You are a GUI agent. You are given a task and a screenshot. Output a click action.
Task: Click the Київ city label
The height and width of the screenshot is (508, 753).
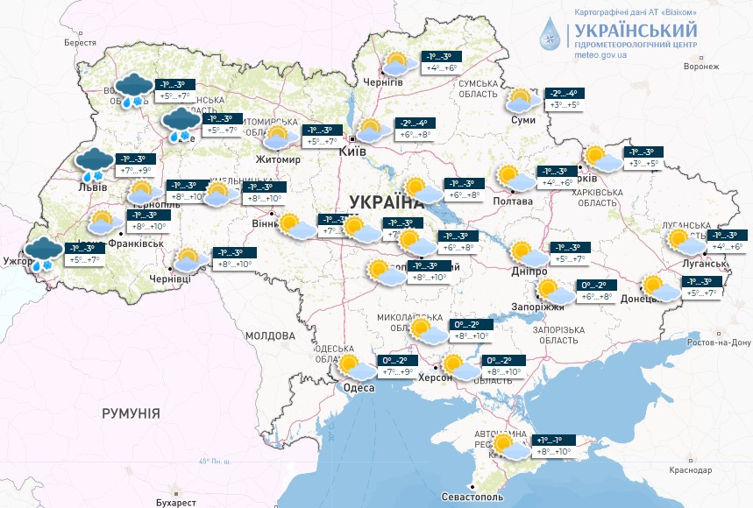[x=352, y=152]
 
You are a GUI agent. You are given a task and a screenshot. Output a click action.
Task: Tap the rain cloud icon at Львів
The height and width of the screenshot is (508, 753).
[x=92, y=164]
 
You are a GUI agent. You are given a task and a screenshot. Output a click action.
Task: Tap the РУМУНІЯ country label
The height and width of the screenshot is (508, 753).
[x=131, y=413]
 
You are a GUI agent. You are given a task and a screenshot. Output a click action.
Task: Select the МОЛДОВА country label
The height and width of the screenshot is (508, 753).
[x=270, y=335]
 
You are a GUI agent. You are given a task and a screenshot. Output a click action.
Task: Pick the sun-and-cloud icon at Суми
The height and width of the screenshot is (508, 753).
[x=522, y=101]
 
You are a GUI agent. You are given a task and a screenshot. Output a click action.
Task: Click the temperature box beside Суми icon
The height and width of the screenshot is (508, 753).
[x=567, y=99]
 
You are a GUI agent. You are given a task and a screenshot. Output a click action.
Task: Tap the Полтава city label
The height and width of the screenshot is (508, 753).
[x=513, y=201]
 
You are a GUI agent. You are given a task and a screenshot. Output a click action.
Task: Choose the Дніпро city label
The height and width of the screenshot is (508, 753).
[x=529, y=272]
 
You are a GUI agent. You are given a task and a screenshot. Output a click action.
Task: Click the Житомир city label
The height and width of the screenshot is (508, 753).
[x=280, y=160]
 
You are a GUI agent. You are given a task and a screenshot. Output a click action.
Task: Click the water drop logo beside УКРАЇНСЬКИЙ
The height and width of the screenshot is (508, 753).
[x=550, y=35]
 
